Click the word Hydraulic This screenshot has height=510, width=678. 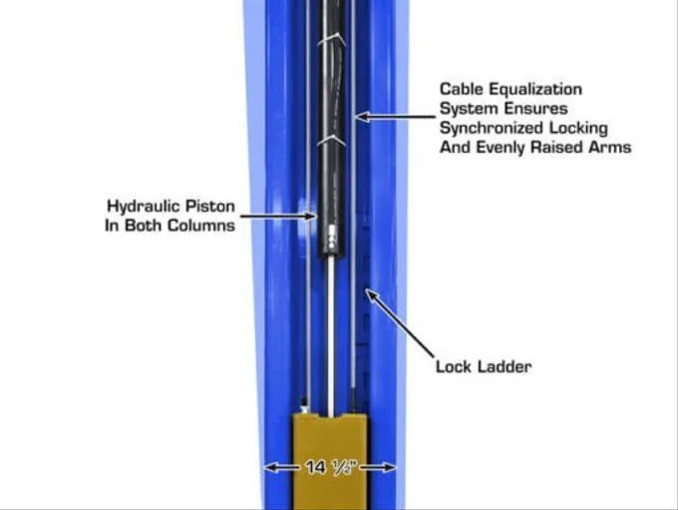[143, 207]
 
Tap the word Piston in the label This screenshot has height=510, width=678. [210, 206]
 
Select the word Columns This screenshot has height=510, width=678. [201, 226]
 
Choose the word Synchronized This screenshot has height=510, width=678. [492, 128]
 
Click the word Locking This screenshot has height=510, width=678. [578, 128]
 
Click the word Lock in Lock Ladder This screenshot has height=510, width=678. [454, 366]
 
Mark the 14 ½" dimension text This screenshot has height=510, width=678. [331, 467]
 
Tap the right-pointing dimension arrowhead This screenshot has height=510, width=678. [389, 467]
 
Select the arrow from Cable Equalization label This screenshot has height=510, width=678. [395, 116]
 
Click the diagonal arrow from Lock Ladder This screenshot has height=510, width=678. [400, 323]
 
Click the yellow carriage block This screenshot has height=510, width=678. [330, 461]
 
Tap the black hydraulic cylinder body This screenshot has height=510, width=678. [332, 129]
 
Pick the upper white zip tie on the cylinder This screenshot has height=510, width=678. [332, 40]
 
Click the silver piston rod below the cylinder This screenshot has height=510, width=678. [331, 336]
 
